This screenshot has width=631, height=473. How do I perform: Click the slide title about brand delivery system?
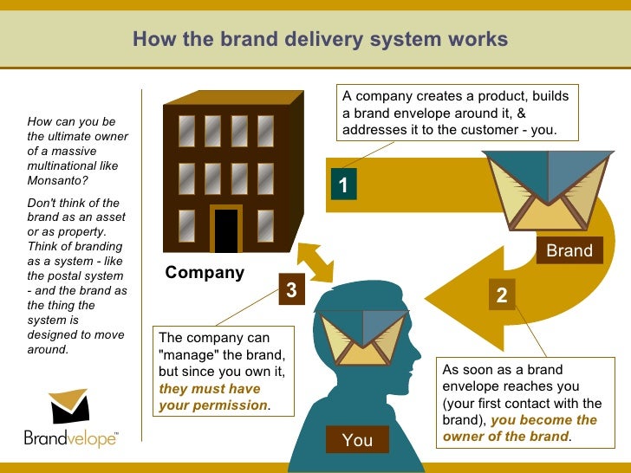point(320,40)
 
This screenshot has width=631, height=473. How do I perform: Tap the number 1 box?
point(343,185)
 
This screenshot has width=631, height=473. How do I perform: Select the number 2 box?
point(501,295)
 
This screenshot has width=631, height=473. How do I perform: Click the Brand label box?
point(569,250)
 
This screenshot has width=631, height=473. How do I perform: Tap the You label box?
point(357,440)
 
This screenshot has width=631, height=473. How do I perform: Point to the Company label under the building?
point(205,273)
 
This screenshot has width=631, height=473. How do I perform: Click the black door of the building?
point(226,230)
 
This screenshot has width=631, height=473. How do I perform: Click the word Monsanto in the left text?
point(57,181)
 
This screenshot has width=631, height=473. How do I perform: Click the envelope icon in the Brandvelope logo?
point(68,406)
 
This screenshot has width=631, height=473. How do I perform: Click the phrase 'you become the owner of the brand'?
point(520,428)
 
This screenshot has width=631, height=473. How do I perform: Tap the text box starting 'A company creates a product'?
point(459,113)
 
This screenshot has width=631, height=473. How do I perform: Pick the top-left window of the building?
point(186,131)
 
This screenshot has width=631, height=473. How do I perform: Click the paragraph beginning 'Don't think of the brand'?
point(77,276)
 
